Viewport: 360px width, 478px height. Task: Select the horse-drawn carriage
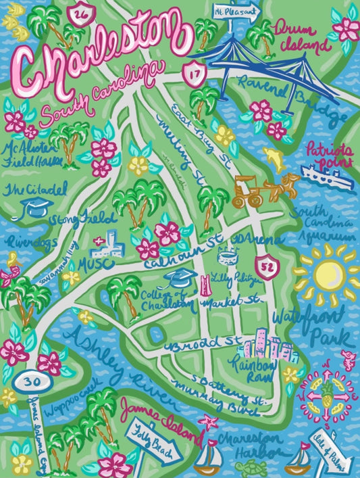point(263,189)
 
